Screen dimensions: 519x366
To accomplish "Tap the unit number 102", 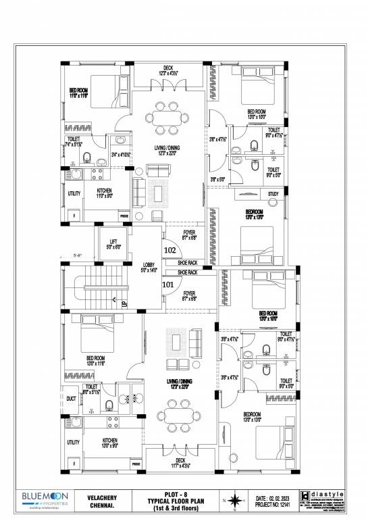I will pyautogui.click(x=169, y=248).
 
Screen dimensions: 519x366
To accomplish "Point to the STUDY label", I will pyautogui.click(x=273, y=194).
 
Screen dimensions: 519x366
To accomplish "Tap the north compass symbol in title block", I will pyautogui.click(x=234, y=501).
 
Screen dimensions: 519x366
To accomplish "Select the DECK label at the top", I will pyautogui.click(x=167, y=68).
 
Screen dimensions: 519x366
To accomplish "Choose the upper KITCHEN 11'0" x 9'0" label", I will pyautogui.click(x=104, y=193).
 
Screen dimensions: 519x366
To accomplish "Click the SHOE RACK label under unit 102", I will pyautogui.click(x=188, y=262).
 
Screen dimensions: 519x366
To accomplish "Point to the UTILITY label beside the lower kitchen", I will pyautogui.click(x=72, y=442).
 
